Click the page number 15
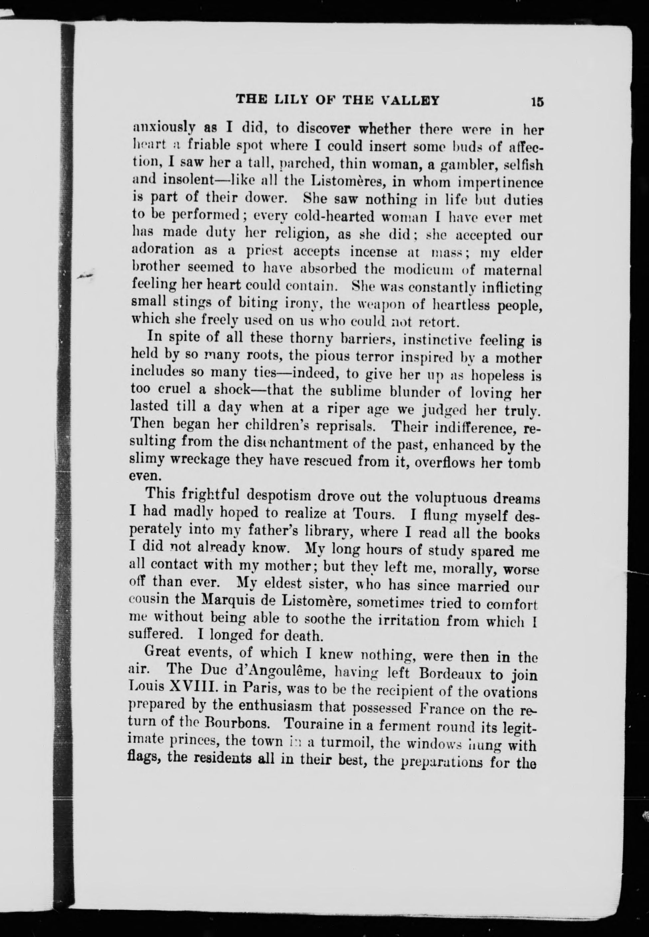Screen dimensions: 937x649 click(x=537, y=101)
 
